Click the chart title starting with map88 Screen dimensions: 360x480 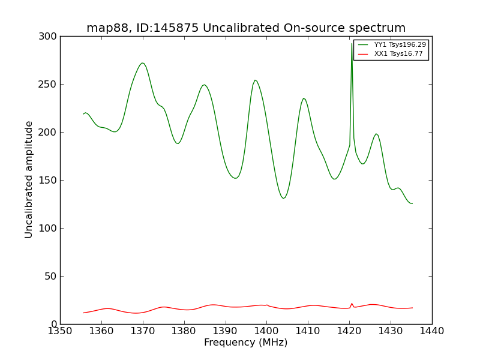click(246, 28)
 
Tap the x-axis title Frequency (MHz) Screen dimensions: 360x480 click(245, 343)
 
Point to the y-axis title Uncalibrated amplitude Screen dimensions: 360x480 click(29, 179)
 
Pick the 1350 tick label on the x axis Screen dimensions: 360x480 click(60, 331)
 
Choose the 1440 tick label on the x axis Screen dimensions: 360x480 click(431, 331)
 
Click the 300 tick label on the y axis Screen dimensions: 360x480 click(49, 37)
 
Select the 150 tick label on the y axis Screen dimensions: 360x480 click(49, 180)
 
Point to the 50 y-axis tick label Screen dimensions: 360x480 click(51, 276)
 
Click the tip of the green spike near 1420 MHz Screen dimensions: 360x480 click(352, 43)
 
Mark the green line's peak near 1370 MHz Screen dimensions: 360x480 click(142, 63)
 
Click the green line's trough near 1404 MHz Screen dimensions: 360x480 click(283, 198)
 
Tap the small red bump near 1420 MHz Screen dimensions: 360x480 click(352, 304)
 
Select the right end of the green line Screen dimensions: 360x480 click(412, 203)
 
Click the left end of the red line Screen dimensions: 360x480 click(83, 313)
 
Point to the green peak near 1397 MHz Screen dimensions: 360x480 click(255, 80)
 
